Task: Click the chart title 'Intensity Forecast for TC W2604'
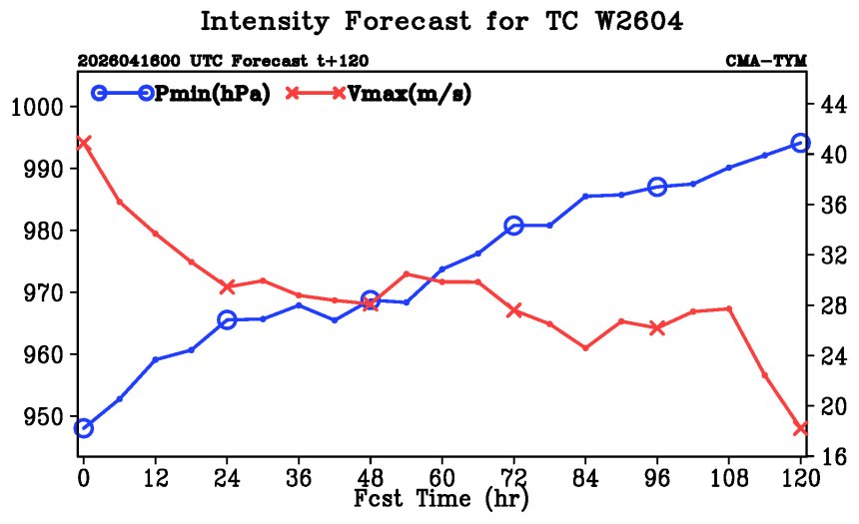[x=441, y=22]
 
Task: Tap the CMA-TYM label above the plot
[x=766, y=60]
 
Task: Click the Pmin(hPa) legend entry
[x=181, y=94]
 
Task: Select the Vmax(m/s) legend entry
[x=379, y=94]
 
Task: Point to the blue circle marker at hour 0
[x=83, y=428]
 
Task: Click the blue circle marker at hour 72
[x=513, y=225]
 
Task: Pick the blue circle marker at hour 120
[x=800, y=143]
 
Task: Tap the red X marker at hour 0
[x=83, y=143]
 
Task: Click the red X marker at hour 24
[x=227, y=286]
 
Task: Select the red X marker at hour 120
[x=800, y=428]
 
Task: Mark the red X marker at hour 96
[x=657, y=328]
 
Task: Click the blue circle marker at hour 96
[x=657, y=188]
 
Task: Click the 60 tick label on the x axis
[x=441, y=478]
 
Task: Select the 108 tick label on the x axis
[x=728, y=478]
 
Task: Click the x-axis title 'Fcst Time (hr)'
[x=441, y=498]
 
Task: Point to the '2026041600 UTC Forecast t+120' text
[x=223, y=60]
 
